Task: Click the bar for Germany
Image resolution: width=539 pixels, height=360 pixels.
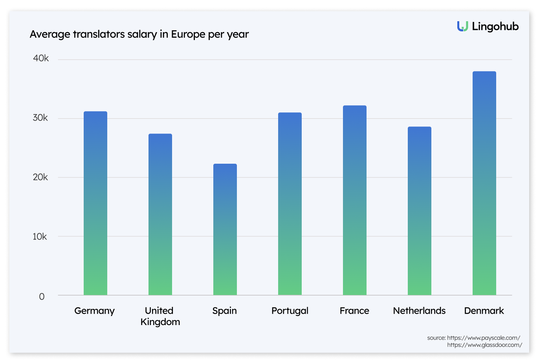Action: coord(95,203)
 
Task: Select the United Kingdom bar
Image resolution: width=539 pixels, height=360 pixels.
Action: coord(160,214)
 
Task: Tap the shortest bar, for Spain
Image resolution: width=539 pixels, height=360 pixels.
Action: coord(225,229)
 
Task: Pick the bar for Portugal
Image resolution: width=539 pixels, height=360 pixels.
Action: coord(290,204)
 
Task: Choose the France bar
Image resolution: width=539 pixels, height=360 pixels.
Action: coord(354,200)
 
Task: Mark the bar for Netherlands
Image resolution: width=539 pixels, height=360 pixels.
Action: coord(419,211)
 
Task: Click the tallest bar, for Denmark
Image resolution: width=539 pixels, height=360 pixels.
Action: coord(484,183)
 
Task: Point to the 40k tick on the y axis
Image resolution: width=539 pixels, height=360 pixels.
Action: coord(40,58)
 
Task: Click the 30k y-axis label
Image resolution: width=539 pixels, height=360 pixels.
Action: coord(40,118)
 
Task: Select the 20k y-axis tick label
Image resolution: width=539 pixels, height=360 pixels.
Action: coord(40,177)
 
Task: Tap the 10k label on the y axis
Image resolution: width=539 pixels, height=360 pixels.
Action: coord(40,236)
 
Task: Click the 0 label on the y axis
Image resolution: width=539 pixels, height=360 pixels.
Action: coord(42,296)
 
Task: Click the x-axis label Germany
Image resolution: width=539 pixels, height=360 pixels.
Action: coord(95,311)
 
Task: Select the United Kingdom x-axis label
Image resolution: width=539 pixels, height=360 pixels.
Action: coord(160,316)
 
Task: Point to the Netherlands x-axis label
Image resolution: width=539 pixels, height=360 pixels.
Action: coord(419,311)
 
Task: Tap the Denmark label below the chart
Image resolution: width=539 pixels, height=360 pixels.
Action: coord(484,311)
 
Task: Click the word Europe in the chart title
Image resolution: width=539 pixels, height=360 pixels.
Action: coord(187,35)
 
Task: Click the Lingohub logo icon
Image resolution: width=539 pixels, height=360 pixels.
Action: coord(462,26)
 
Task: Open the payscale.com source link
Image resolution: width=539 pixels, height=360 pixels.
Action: coord(483,338)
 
